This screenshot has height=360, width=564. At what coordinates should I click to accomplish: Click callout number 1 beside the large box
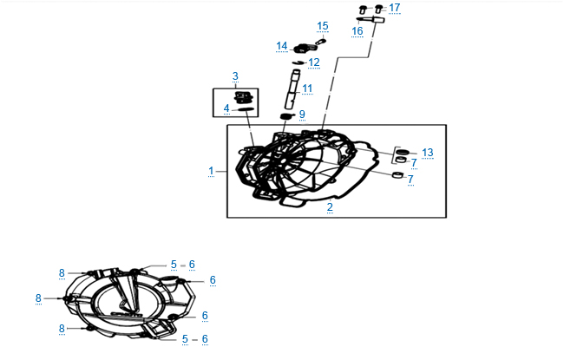(211, 171)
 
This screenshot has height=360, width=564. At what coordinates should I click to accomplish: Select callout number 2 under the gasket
(330, 206)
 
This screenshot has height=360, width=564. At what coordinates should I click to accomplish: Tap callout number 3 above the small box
(234, 77)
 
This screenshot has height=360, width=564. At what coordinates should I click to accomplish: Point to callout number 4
(226, 108)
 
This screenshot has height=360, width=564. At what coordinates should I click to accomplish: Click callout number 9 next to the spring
(302, 115)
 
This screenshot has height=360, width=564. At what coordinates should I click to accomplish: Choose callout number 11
(307, 88)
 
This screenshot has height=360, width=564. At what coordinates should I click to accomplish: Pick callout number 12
(313, 62)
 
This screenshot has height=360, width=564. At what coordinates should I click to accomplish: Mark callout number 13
(428, 153)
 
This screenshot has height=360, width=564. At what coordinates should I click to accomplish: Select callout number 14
(282, 45)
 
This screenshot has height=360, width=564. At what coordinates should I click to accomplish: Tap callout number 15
(323, 26)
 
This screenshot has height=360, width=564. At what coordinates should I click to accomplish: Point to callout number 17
(395, 8)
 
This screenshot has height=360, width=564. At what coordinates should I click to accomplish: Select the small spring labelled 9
(287, 115)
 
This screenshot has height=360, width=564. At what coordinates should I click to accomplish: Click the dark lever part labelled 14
(303, 47)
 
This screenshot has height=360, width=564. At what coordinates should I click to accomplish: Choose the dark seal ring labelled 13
(402, 153)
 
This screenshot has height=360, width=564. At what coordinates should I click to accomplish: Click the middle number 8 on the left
(38, 298)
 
